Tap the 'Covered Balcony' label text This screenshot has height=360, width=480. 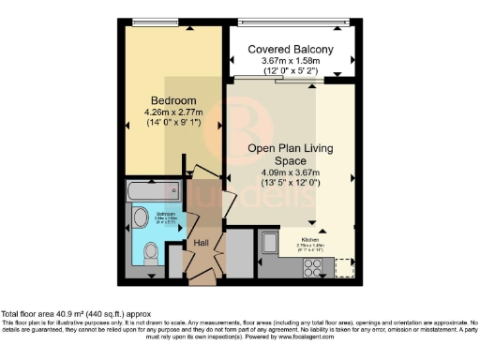coord(290,50)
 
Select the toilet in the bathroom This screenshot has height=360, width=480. coord(153,251)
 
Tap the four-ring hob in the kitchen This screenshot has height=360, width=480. coord(312,265)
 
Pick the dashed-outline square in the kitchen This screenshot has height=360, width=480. coord(342,265)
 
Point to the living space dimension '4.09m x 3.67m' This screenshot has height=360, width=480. coord(290,172)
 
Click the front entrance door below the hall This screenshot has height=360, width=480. coord(200,278)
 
